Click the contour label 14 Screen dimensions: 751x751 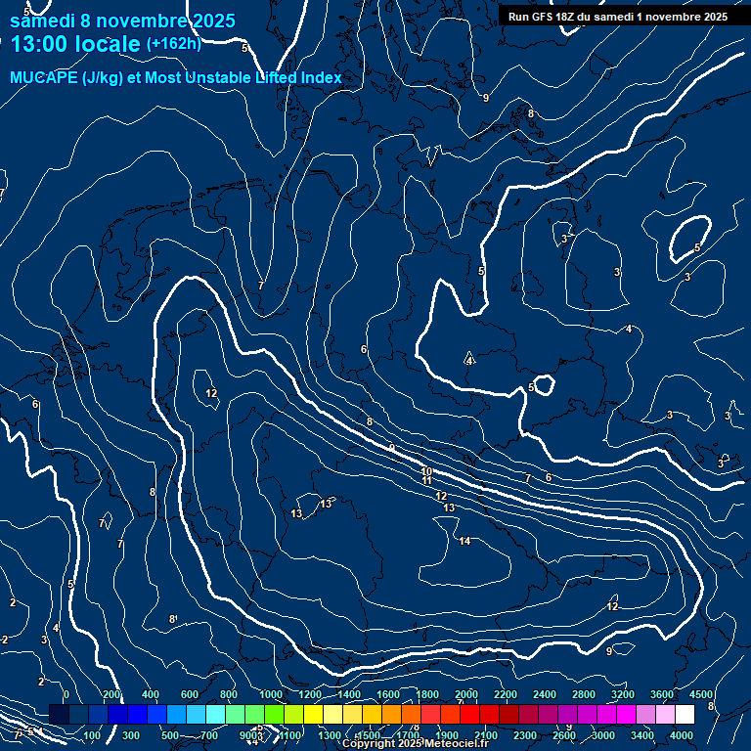click(x=464, y=541)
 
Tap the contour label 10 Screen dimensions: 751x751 click(x=426, y=471)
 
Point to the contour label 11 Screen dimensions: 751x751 click(x=426, y=481)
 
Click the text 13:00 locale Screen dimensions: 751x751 click(x=76, y=44)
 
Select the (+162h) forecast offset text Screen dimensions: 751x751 click(x=174, y=44)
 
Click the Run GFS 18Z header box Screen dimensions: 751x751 click(x=617, y=17)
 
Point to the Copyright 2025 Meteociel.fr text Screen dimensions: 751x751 click(x=415, y=744)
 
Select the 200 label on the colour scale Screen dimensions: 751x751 click(x=111, y=694)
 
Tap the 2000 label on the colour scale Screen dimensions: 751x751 click(x=466, y=694)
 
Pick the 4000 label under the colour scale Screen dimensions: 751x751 click(x=682, y=735)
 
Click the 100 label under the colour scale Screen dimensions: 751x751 click(x=92, y=735)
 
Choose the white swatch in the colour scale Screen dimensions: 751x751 click(x=685, y=715)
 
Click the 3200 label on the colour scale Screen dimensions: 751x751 click(x=622, y=694)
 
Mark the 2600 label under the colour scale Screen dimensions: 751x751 click(x=564, y=735)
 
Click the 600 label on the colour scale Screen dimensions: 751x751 click(x=190, y=694)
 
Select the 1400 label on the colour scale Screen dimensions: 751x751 click(x=349, y=694)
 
